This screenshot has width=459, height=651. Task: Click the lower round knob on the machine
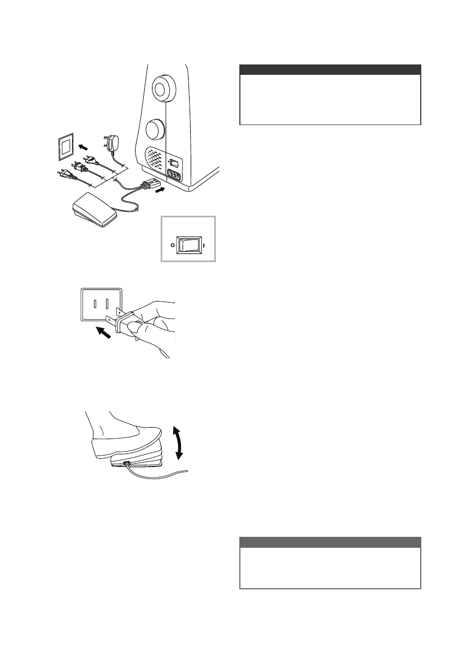coord(156,130)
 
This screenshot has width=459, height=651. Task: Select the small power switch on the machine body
coord(174,163)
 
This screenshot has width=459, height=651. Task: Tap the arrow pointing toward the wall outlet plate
coord(83,147)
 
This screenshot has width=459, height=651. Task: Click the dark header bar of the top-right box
coord(330,70)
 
